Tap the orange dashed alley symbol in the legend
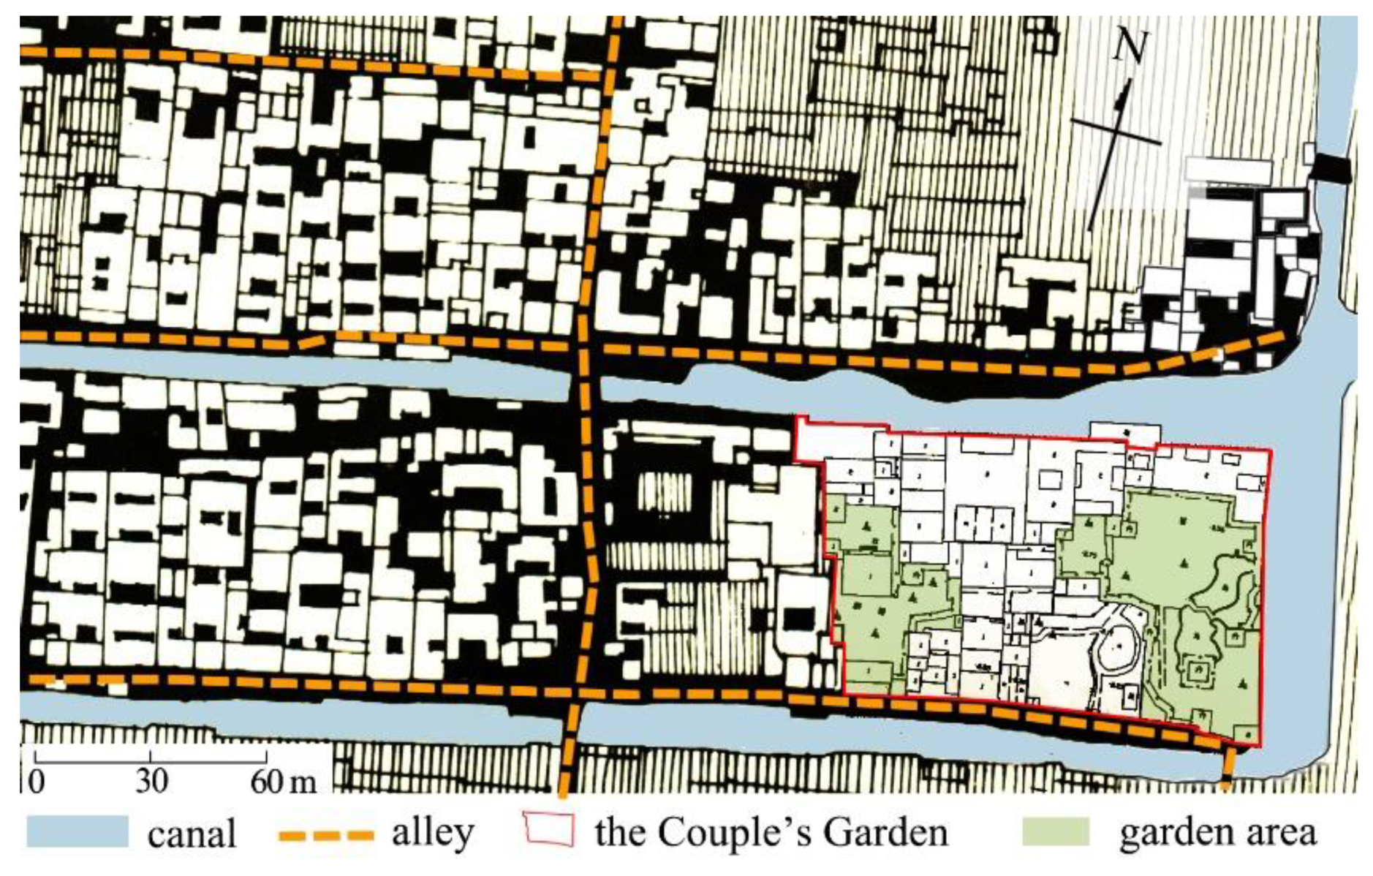326,834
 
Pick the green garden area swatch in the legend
1055,831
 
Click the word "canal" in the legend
192,834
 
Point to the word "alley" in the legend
433,832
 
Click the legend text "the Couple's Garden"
771,832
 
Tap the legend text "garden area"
1217,832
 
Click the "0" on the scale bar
36,781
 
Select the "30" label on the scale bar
151,781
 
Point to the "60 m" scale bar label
284,781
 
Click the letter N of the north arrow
1130,47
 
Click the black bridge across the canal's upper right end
1331,169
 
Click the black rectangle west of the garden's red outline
797,619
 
